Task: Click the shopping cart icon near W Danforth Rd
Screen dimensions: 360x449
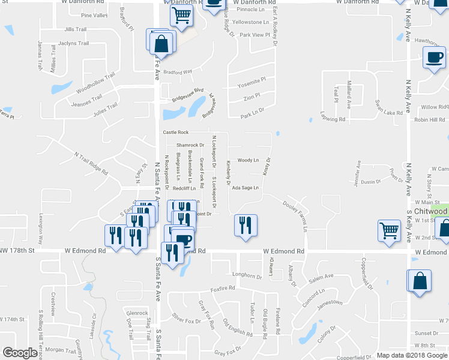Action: [182, 16]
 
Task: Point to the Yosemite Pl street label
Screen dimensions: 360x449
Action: [252, 80]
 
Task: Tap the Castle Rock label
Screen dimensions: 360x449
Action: [175, 132]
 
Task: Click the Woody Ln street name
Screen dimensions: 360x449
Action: [247, 160]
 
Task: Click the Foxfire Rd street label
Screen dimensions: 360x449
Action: [223, 289]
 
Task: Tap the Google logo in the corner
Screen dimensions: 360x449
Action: [20, 353]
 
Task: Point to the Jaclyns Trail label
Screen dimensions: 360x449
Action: [73, 43]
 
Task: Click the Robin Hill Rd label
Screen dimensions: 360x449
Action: [429, 119]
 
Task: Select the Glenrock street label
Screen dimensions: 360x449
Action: [137, 313]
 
